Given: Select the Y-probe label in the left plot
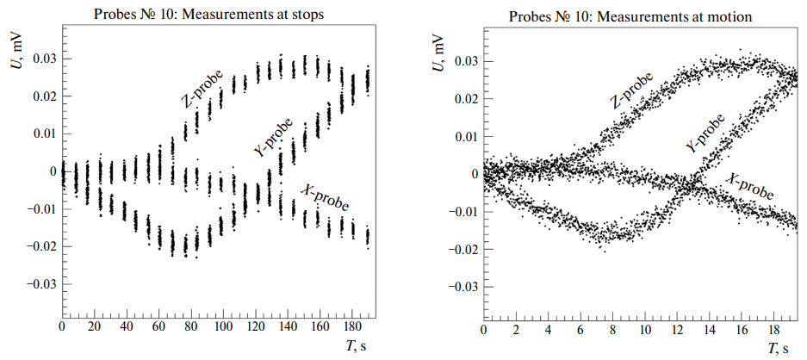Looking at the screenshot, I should (x=274, y=138).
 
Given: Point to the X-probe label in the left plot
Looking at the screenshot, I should (x=325, y=197).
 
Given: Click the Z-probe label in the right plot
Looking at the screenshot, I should (x=631, y=90).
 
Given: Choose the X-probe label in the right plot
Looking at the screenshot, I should (x=748, y=190).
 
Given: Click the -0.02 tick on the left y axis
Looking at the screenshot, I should (x=43, y=246).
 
